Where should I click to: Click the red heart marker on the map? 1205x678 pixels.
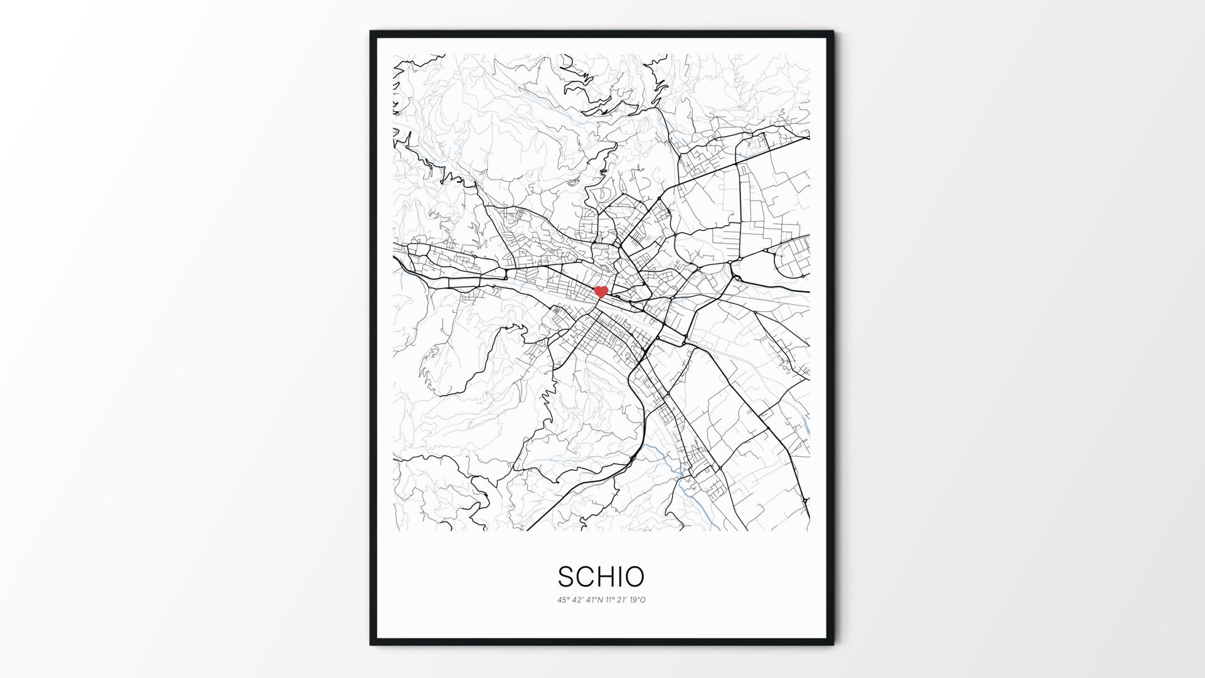(x=601, y=291)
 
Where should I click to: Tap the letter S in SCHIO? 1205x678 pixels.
(x=565, y=576)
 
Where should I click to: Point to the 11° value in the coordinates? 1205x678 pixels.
(x=611, y=600)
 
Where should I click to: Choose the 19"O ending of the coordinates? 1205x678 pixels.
(x=638, y=600)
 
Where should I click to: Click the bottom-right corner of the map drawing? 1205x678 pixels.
(x=809, y=530)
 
